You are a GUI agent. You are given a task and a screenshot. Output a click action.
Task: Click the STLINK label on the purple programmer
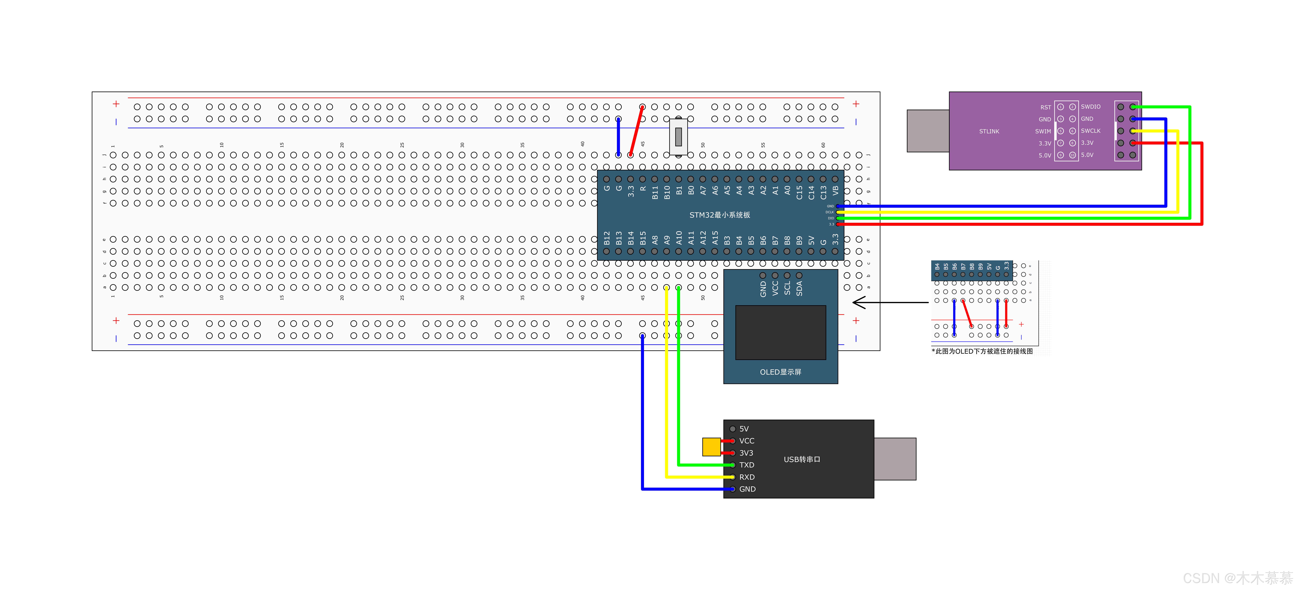(989, 131)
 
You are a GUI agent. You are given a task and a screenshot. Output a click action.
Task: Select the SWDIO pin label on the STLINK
(1091, 106)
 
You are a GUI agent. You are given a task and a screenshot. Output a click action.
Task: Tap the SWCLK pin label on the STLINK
(1091, 131)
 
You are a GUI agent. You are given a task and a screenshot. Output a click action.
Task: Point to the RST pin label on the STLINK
(1045, 107)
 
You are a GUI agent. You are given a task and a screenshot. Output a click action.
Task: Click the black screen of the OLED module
(780, 332)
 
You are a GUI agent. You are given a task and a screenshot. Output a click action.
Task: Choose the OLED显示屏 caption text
(780, 372)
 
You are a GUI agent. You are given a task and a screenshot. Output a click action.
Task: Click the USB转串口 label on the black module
(802, 459)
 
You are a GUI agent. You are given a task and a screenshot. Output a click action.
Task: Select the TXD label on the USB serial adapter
(746, 465)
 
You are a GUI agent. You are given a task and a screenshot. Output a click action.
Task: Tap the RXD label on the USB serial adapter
(746, 477)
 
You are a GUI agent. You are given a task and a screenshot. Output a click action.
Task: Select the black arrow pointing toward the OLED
(889, 303)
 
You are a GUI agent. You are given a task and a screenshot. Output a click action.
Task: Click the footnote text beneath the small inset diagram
(982, 351)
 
